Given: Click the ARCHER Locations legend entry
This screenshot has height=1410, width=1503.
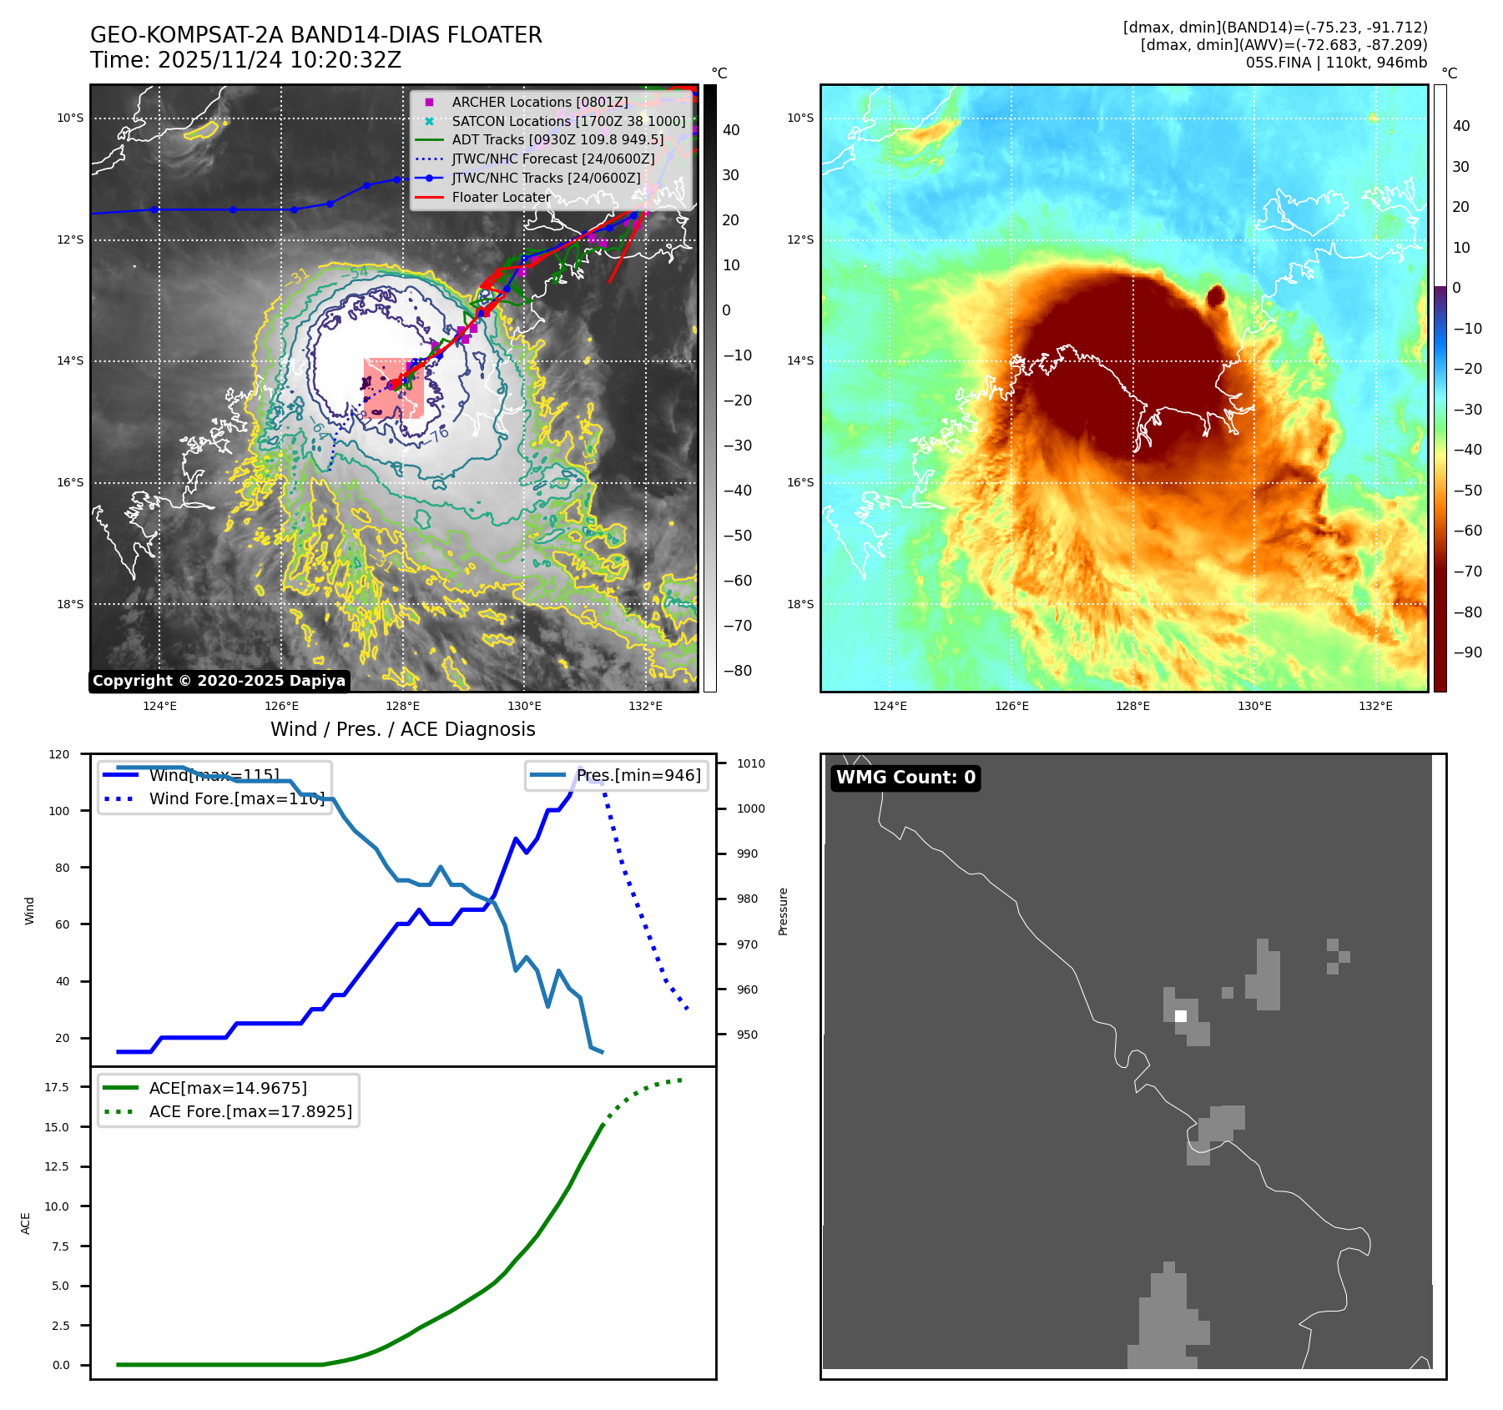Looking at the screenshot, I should tap(539, 102).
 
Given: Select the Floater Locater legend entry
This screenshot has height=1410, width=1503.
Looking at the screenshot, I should tap(501, 198).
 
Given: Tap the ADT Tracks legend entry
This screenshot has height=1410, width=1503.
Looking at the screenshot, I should tap(557, 140).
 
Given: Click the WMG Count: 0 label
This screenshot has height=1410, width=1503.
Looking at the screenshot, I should tap(905, 778).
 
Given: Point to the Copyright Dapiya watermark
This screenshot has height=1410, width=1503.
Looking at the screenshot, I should tap(219, 681).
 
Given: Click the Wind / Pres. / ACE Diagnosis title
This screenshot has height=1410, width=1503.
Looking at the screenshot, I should tap(402, 729).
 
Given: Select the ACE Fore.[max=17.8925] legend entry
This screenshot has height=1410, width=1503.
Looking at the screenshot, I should tap(250, 1111).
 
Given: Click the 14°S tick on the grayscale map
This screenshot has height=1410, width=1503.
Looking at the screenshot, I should tap(70, 361).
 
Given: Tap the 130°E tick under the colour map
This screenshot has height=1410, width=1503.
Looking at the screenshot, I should tap(1254, 706).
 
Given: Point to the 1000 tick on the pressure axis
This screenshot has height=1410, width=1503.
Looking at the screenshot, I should tap(751, 808).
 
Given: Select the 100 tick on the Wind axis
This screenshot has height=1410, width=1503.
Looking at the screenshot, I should tap(59, 811).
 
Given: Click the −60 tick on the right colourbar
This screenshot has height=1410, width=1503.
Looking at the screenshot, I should tap(1467, 531).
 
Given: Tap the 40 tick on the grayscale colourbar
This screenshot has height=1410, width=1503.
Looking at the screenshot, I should tap(731, 130).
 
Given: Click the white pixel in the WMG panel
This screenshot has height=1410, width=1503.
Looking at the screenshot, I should tap(1180, 1016).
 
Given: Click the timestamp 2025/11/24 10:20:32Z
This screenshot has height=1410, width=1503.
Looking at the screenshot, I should tap(279, 60).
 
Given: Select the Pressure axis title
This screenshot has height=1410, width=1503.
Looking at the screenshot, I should tap(783, 911).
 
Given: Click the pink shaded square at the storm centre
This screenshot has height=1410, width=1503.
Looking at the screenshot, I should tap(393, 388).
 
